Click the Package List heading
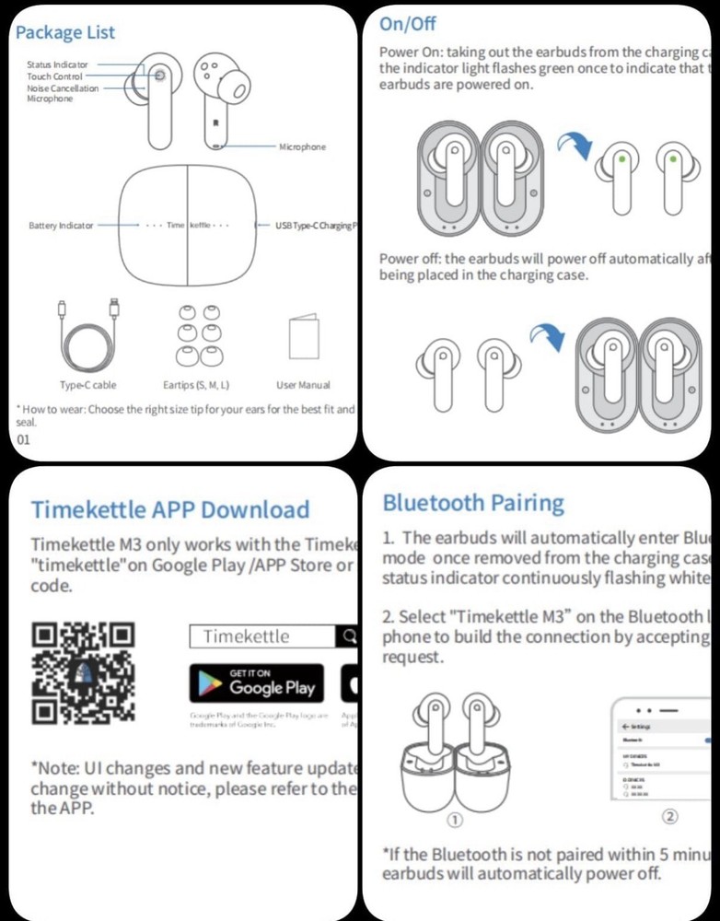click(x=65, y=32)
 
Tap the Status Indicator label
click(x=58, y=64)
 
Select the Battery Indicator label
click(x=60, y=226)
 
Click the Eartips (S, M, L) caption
click(x=195, y=385)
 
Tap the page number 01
click(x=24, y=439)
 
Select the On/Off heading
click(x=408, y=24)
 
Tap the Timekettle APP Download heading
click(x=170, y=509)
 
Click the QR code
click(x=83, y=672)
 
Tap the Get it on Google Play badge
click(x=256, y=682)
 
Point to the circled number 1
click(x=454, y=820)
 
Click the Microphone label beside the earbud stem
click(x=302, y=146)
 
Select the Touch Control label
click(x=54, y=76)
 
